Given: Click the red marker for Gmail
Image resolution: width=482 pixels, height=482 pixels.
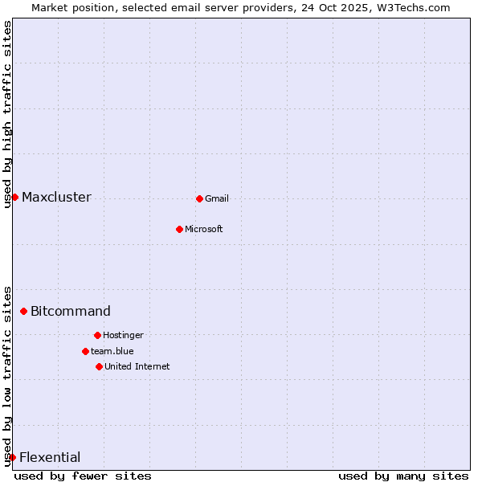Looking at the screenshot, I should coord(199,198).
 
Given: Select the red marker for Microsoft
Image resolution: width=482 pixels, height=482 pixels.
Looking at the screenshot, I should coord(179,229).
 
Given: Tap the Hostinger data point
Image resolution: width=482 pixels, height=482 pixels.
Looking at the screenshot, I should coord(97,335).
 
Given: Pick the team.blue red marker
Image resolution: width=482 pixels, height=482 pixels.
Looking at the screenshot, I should coord(85,351).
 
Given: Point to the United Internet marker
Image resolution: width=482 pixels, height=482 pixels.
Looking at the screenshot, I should coord(99,366).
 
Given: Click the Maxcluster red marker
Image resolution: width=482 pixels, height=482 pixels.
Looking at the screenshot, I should coord(14,197).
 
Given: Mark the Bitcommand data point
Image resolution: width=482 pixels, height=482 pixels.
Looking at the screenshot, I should coord(23,311).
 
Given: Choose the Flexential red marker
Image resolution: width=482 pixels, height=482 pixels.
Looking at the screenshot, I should coord(12,457).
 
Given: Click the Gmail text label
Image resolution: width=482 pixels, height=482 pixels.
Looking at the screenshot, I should coord(217,199).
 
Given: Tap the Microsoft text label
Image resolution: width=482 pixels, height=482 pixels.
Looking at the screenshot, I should coord(204,230).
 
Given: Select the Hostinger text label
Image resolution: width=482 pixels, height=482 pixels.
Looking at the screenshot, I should coord(123,336).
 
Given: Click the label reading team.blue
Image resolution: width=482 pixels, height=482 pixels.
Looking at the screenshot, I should coord(112,352).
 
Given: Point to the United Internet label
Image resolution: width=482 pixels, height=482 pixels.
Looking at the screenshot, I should coord(137,367).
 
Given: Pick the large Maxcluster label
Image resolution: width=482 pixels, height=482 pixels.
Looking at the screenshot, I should coord(56,198).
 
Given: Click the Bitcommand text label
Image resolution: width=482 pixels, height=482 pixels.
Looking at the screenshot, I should coord(71,312).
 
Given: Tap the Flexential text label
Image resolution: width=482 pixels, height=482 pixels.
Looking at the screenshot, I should coord(50,458).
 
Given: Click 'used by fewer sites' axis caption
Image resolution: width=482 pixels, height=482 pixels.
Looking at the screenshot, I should coord(83,476).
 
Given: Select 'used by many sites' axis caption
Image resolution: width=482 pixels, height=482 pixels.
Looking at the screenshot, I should coord(403,476).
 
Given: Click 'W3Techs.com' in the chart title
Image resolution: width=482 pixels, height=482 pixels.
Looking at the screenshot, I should coord(411,7).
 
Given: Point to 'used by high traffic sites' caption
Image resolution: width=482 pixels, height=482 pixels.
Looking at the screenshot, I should coord(7,114).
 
